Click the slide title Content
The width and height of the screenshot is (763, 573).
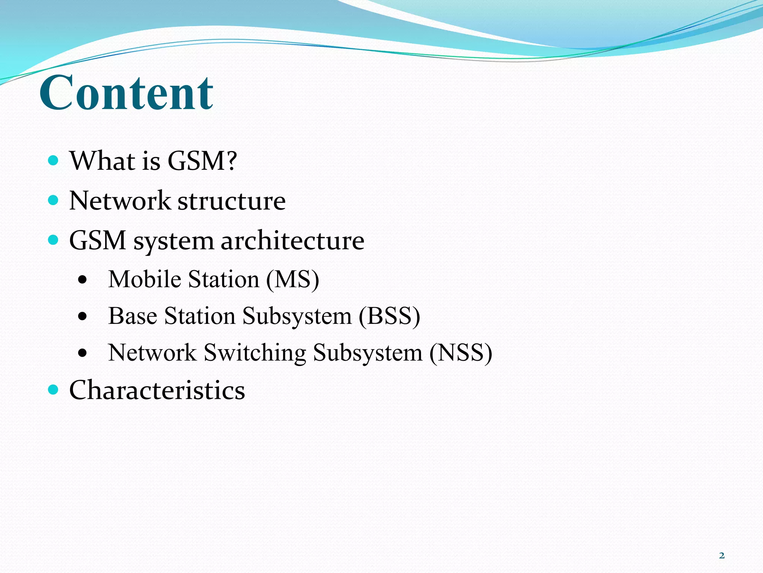126,93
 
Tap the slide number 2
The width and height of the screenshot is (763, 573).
722,555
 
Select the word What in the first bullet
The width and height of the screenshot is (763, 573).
102,161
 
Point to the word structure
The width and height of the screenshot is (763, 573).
231,201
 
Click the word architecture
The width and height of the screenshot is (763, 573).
292,241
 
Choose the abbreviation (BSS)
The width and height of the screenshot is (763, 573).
389,316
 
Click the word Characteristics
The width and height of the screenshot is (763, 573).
157,390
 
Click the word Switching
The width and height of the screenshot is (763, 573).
255,353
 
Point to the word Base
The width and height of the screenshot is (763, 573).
132,316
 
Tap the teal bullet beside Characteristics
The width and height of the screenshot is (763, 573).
54,390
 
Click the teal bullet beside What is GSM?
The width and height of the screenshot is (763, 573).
54,161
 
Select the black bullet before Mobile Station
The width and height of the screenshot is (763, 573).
83,280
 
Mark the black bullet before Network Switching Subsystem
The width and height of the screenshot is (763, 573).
83,353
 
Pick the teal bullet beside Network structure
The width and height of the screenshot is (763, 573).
54,200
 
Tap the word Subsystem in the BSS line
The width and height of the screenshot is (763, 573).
297,316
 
